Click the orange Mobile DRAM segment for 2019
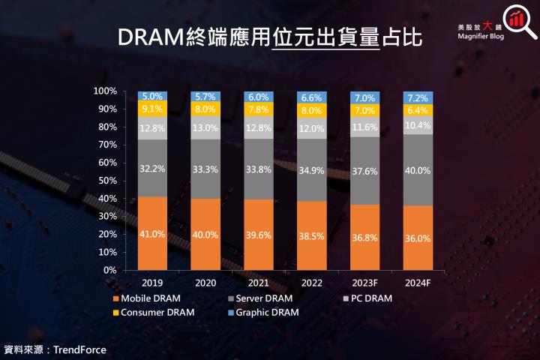152,233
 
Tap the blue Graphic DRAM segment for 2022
313,97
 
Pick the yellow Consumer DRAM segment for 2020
205,108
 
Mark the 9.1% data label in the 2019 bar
152,109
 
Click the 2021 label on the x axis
259,283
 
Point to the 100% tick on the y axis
104,91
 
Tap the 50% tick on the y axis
106,181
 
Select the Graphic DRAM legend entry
267,312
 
